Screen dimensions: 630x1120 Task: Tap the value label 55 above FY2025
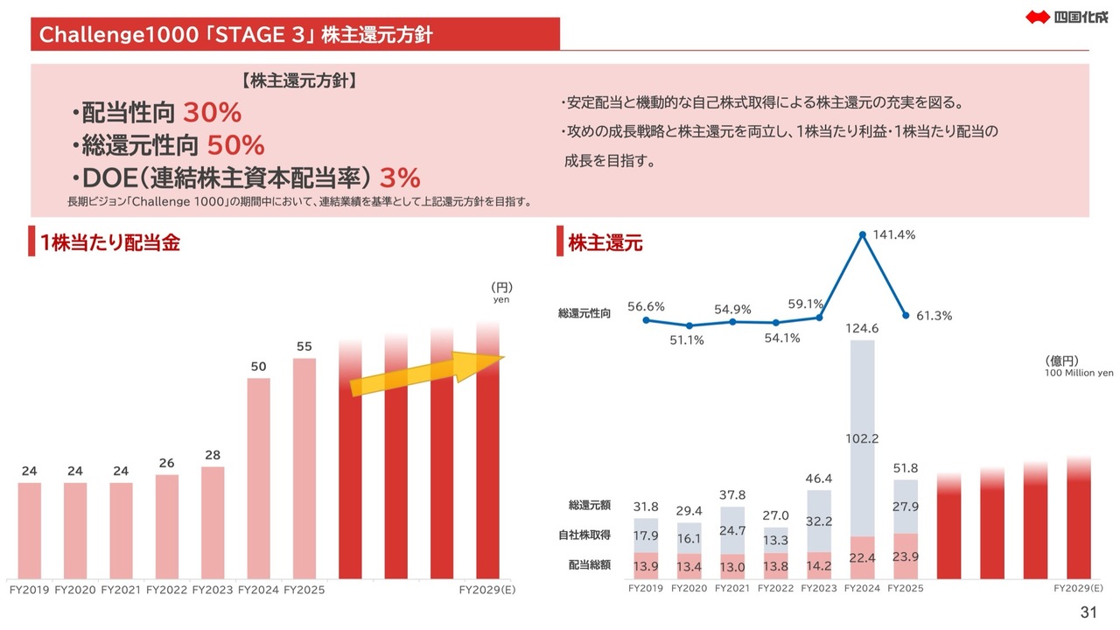click(304, 346)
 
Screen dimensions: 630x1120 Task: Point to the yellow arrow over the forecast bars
click(427, 374)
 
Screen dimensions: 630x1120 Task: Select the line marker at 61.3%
click(906, 316)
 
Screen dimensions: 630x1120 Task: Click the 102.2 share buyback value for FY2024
click(862, 438)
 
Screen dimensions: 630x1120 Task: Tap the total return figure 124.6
click(862, 328)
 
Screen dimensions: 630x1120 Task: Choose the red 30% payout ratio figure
click(212, 113)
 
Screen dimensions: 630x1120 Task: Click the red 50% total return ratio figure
click(235, 145)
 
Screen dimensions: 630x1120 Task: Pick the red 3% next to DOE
click(401, 178)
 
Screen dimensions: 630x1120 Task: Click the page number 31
click(1088, 612)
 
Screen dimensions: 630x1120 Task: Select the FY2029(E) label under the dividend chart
click(487, 590)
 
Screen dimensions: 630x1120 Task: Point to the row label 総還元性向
click(584, 312)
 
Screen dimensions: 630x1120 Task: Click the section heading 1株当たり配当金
click(110, 243)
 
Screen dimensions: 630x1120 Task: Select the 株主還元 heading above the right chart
click(605, 243)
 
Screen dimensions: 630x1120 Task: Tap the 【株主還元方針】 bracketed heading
click(297, 81)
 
